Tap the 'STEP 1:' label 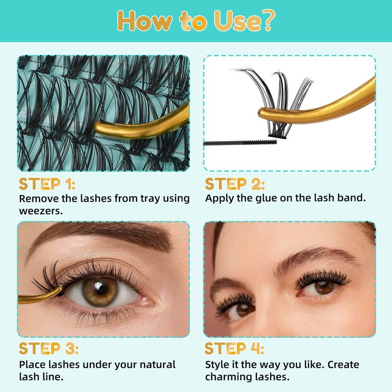[x=47, y=184]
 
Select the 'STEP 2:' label [x=235, y=184]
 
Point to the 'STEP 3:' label [x=49, y=348]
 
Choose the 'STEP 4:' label [x=234, y=348]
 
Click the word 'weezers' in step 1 [x=40, y=212]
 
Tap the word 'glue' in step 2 [x=266, y=198]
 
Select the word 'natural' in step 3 [x=157, y=365]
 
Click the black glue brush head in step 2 [x=260, y=143]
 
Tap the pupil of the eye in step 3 [x=101, y=288]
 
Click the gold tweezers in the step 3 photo [x=40, y=296]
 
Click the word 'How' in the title [x=145, y=21]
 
